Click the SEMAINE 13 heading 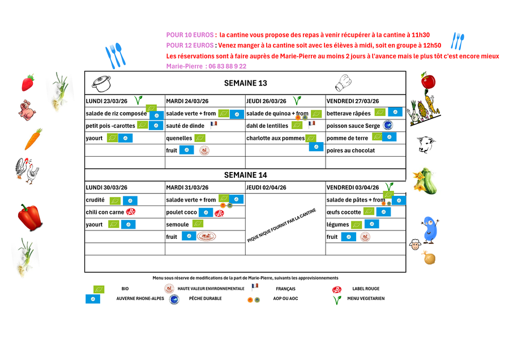[x=245, y=83]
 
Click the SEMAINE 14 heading [x=245, y=175]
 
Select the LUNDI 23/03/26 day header [x=106, y=101]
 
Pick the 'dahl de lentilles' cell [x=267, y=126]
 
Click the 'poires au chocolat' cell [x=351, y=151]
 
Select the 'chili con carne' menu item [x=105, y=212]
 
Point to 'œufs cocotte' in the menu [x=344, y=212]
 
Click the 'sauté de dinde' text [x=185, y=126]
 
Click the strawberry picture [x=28, y=83]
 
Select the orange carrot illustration [x=33, y=139]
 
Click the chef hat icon [x=344, y=83]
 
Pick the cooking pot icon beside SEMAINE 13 [x=101, y=84]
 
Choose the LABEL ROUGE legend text [x=366, y=289]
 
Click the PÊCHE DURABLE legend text [x=206, y=298]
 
